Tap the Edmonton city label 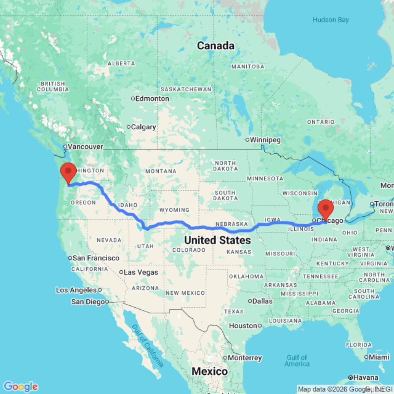point(152,98)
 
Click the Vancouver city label point(85,147)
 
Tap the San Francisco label point(96,258)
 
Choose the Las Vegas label point(140,272)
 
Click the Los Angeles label point(76,290)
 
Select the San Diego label point(88,302)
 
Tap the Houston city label point(243,326)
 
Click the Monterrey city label point(245,358)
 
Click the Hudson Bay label point(331,20)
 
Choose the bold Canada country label point(216,46)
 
